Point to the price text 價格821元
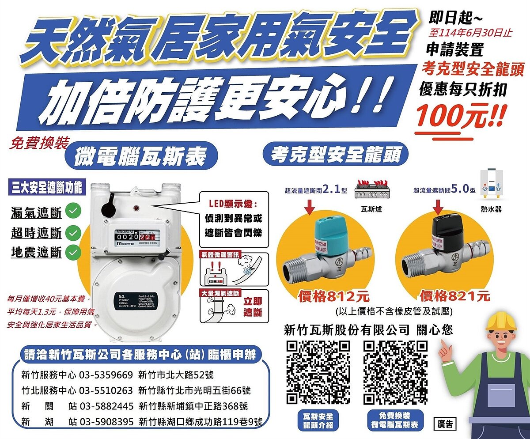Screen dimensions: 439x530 point(454,295)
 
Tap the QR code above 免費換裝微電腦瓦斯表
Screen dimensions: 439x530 point(395,372)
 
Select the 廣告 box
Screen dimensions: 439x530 point(445,424)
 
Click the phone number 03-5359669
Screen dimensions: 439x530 point(106,375)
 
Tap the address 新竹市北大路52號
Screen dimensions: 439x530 point(176,375)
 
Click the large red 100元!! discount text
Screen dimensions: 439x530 point(459,115)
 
